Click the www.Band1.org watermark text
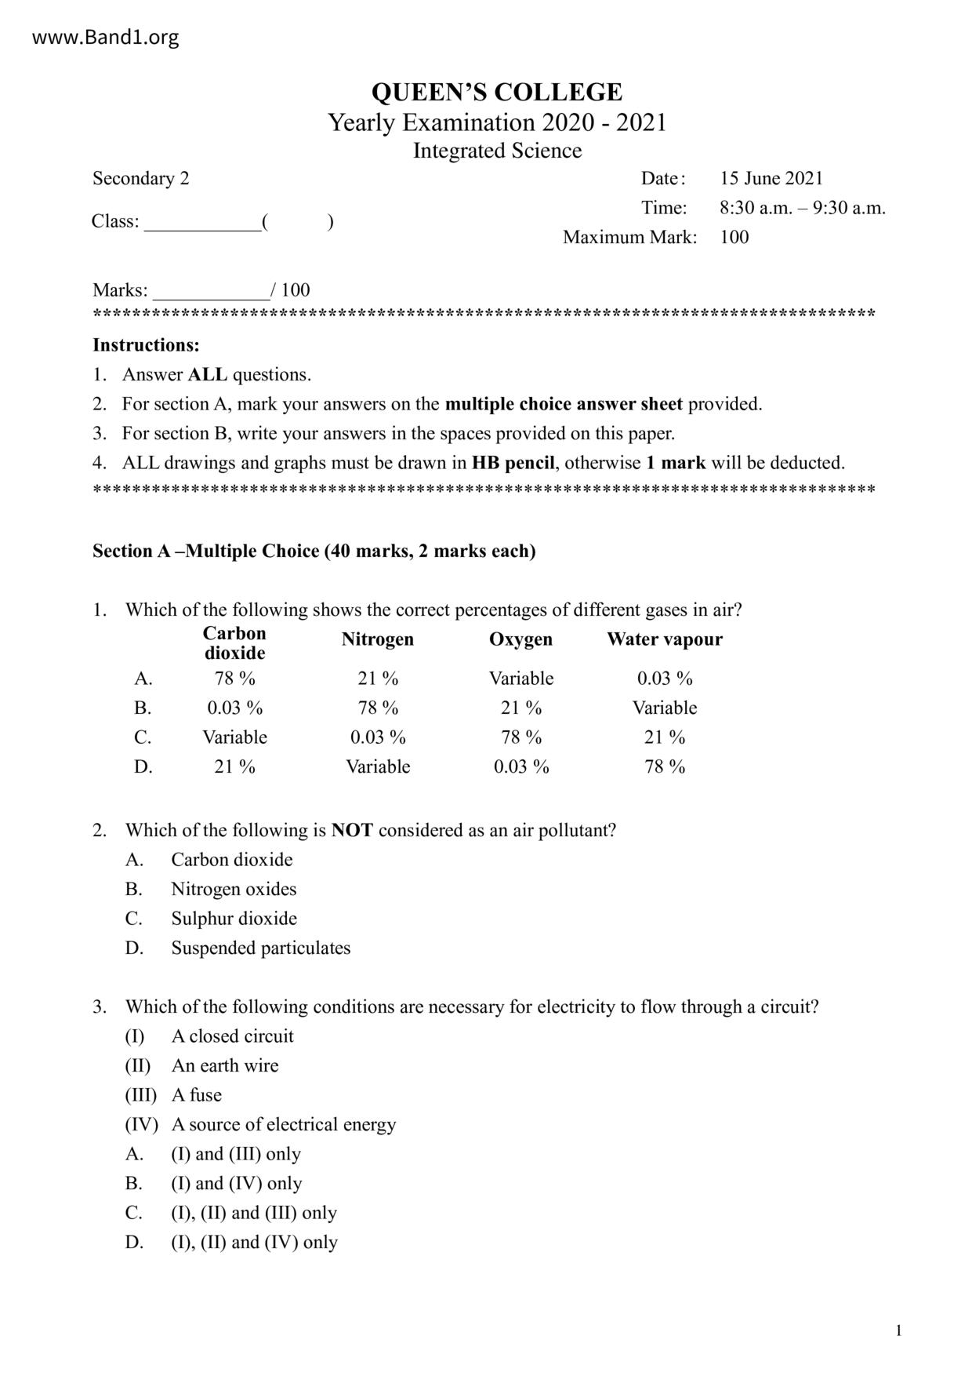click(x=105, y=37)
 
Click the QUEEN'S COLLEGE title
click(x=496, y=93)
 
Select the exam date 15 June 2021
click(x=771, y=178)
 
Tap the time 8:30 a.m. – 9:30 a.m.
click(x=802, y=208)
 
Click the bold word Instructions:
click(x=146, y=345)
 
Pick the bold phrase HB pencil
click(x=513, y=463)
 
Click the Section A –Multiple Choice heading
click(x=314, y=551)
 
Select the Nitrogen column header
click(x=377, y=639)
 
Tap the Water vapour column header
click(x=664, y=639)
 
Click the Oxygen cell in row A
click(x=520, y=678)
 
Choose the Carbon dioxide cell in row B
click(x=234, y=708)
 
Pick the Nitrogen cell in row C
click(x=377, y=737)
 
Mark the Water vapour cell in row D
click(x=664, y=766)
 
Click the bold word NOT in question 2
click(x=351, y=830)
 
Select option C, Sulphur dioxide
click(x=234, y=919)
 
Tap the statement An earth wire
click(x=225, y=1065)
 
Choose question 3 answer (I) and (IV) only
click(x=236, y=1183)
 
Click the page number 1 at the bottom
click(x=898, y=1330)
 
